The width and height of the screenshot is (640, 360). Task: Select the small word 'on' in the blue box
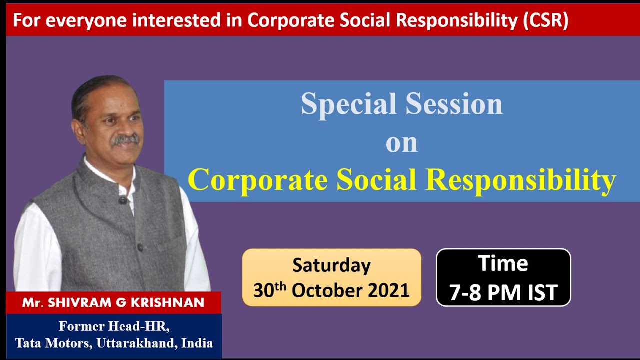pos(401,143)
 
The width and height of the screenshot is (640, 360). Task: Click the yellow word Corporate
pos(258,180)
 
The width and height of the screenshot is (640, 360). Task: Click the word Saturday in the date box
pos(331,265)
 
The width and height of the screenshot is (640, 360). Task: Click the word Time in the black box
pos(503,264)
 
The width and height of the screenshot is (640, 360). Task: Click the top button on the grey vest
pos(122,200)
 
